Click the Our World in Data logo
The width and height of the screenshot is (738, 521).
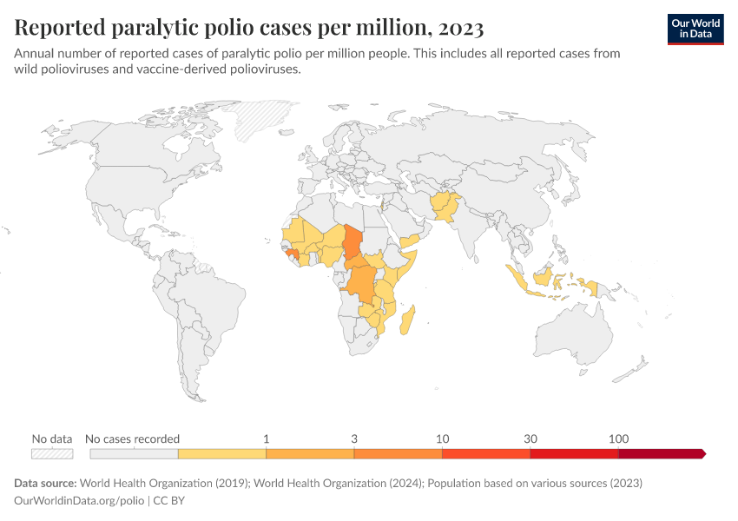coord(695,28)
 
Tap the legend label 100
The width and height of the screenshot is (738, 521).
coord(619,439)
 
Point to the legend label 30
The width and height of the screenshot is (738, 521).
coord(530,439)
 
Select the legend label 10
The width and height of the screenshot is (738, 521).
coord(442,439)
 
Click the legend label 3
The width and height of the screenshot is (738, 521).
coord(354,439)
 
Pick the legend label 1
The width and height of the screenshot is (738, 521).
coord(266,439)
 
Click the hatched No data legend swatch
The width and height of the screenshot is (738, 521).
coord(52,453)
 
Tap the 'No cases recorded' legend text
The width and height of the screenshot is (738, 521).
coord(134,439)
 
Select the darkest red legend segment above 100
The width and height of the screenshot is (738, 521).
coord(660,453)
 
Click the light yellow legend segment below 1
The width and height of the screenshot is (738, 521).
coord(221,453)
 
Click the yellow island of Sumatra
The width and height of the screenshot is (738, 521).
coord(518,280)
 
